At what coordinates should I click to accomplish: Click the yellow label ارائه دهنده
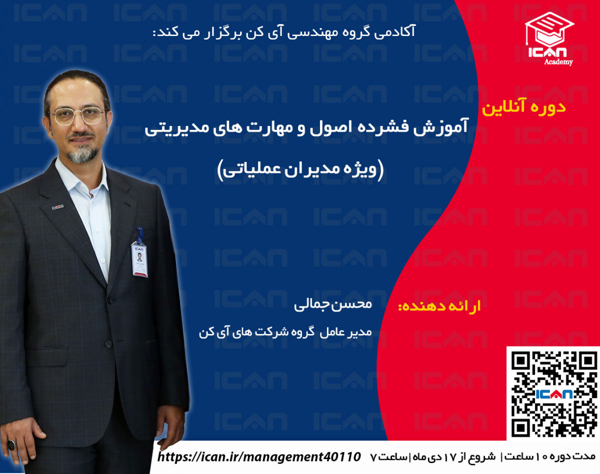[x=439, y=305]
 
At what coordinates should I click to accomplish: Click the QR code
[x=553, y=392]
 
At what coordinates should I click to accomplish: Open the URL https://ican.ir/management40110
[x=259, y=456]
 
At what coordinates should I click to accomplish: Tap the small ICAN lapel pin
[x=57, y=206]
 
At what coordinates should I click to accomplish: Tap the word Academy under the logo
[x=559, y=62]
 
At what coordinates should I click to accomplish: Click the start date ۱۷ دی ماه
[x=441, y=456]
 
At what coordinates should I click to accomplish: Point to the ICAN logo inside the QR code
[x=553, y=394]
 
